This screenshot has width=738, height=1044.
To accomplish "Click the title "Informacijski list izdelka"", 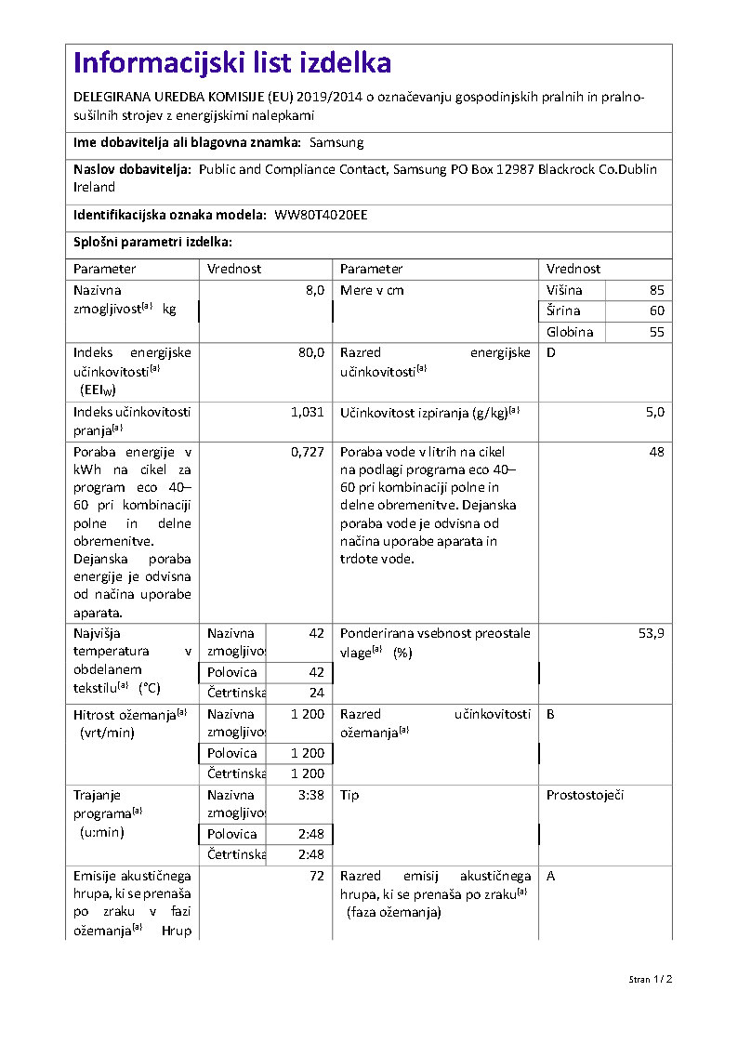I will coord(232,63).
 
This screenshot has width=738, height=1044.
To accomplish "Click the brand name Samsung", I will coord(336,143).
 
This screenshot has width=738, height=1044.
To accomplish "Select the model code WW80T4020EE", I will coord(321,215).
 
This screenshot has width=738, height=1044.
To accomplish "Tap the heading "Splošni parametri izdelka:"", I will coord(152,242).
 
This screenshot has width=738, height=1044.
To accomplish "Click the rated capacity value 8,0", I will coord(314,290).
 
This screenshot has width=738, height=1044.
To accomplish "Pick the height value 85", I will coord(657,290).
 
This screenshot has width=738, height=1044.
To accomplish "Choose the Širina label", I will coord(563,311).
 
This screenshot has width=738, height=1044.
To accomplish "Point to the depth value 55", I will coord(657,332).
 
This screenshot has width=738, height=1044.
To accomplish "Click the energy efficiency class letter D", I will coord(551,353).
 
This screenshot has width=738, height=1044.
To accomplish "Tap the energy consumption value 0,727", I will coord(308,451).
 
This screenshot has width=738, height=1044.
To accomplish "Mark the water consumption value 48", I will coord(657,451).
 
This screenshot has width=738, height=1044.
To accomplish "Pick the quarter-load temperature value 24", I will coord(317,693).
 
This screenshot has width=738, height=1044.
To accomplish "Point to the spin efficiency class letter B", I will coord(551,714).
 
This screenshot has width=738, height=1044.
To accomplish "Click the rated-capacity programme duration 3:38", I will coord(311,796).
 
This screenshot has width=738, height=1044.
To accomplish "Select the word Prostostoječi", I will coord(585,796).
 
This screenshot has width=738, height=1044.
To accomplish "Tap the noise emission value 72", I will coord(317,876).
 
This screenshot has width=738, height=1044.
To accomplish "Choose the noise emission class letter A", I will coord(551,876).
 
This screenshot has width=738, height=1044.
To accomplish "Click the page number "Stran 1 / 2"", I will coord(650,979).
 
